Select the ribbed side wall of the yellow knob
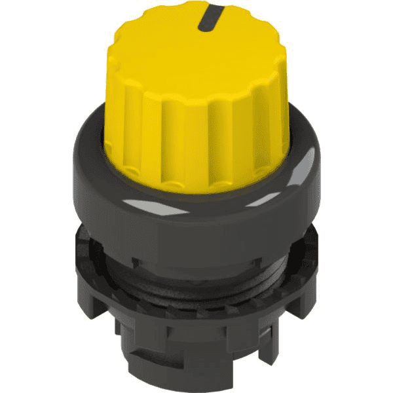point(196,131)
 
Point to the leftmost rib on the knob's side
point(113,105)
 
